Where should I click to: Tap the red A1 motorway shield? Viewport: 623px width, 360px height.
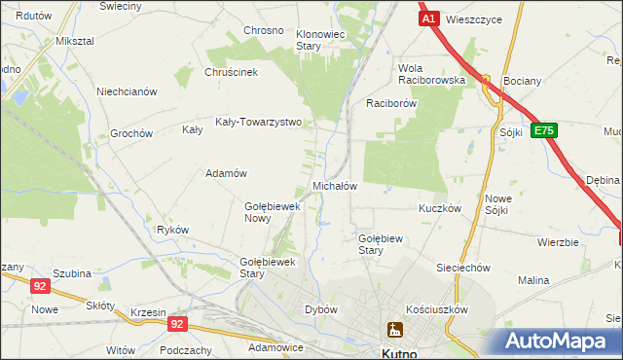[x=429, y=18]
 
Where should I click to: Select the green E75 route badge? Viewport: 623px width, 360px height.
[x=544, y=129]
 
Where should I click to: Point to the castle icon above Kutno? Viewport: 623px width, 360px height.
[x=393, y=331]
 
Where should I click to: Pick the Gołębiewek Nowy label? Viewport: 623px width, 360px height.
[x=271, y=212]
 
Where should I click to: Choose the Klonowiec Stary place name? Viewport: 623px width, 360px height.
[x=321, y=40]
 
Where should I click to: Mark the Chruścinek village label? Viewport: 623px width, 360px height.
[x=231, y=71]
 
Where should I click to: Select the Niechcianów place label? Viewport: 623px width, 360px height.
[x=127, y=91]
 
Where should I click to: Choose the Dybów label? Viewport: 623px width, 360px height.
[x=321, y=308]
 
